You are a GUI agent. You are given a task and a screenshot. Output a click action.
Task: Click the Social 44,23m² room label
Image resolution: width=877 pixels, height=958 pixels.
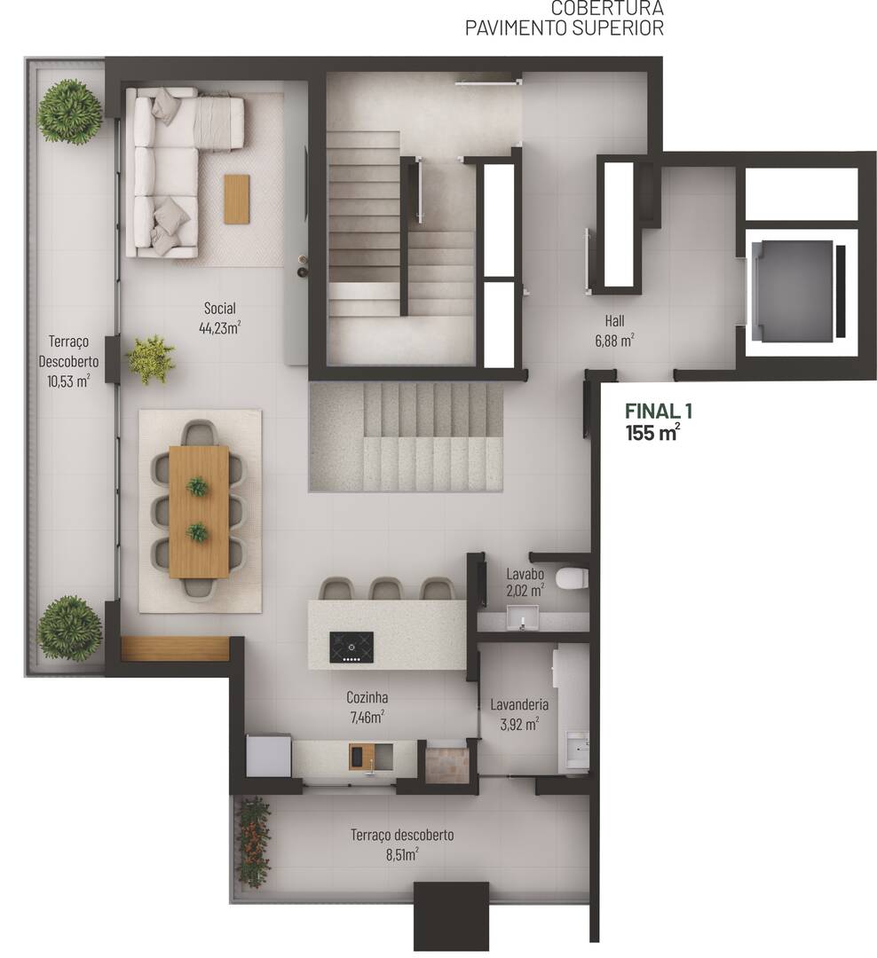[x=219, y=318]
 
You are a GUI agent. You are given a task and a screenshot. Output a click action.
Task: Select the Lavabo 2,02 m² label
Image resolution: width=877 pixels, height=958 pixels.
[x=525, y=580]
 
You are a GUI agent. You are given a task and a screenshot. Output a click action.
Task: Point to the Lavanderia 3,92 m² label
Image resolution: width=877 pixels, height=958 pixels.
[x=519, y=713]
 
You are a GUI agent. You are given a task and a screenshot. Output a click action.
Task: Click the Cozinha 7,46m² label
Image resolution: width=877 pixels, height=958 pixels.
[x=367, y=706]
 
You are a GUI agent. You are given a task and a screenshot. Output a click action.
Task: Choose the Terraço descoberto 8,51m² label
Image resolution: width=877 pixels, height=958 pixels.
[x=401, y=844]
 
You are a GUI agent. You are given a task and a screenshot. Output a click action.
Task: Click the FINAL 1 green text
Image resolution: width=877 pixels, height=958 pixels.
[x=658, y=412]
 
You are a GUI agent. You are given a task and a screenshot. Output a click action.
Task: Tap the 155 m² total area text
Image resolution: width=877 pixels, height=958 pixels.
[x=652, y=433]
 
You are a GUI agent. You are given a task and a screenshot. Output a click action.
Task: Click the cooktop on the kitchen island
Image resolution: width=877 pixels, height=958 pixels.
[x=352, y=647]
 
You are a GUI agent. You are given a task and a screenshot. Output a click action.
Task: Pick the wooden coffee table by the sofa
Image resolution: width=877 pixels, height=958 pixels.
[x=237, y=199]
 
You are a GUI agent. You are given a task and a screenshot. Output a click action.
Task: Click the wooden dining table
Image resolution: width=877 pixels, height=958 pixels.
[x=199, y=511]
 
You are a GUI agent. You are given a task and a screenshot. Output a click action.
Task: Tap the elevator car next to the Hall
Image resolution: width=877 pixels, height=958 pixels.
[x=793, y=291]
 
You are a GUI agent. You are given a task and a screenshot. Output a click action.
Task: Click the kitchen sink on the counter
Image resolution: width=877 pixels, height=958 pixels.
[x=360, y=757]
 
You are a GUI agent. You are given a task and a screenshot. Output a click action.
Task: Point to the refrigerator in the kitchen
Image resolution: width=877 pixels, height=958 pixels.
[x=269, y=756]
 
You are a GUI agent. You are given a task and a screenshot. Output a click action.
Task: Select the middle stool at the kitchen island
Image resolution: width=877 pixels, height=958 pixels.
[x=387, y=588]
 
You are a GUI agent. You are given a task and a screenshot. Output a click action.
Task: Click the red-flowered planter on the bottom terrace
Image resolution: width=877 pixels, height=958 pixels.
[x=254, y=842]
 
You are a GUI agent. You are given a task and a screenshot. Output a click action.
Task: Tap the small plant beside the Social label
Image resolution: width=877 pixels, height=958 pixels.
[x=151, y=359]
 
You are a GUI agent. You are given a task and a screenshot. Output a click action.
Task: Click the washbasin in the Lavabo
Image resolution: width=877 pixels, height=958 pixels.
[x=523, y=616]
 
